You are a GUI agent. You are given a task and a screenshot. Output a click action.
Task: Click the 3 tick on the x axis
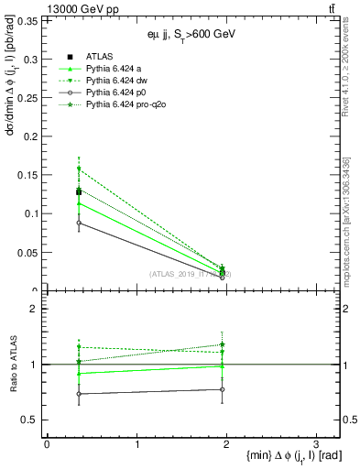point(315,443)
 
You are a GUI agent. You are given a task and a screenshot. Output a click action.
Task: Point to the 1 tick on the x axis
point(136,443)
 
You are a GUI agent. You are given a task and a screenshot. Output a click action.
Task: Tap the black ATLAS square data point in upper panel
point(79,192)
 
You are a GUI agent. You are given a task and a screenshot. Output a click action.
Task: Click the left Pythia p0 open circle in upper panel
point(79,223)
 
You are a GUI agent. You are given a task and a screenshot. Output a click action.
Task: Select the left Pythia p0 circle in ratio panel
point(79,394)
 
